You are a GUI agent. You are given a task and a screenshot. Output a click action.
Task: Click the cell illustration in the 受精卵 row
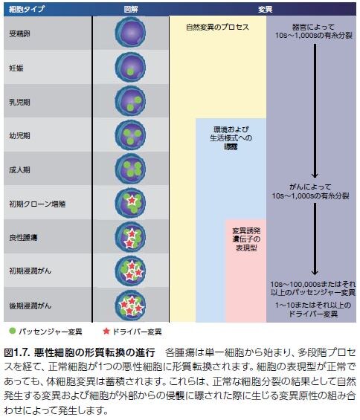(131, 34)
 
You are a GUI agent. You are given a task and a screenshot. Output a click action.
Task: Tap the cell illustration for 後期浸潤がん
(132, 305)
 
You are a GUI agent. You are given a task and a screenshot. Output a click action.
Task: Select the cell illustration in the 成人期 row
(131, 169)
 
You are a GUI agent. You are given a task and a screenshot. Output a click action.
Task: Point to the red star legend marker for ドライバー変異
(106, 331)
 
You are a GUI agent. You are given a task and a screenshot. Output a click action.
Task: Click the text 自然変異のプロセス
(217, 27)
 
